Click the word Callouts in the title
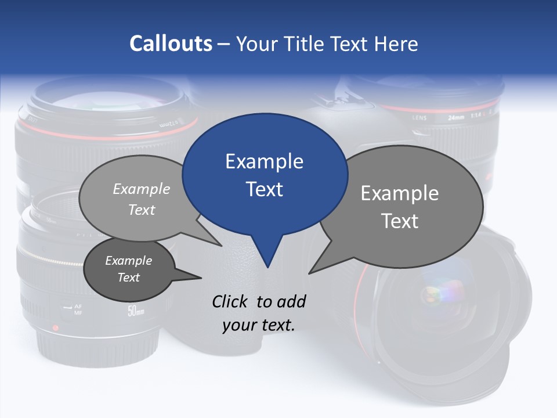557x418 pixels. click(x=171, y=44)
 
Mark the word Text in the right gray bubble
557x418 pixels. click(x=400, y=221)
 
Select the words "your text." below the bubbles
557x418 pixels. click(x=259, y=325)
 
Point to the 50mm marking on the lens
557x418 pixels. click(x=136, y=312)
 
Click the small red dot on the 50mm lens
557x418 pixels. click(x=56, y=328)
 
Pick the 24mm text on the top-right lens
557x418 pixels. click(x=456, y=117)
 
